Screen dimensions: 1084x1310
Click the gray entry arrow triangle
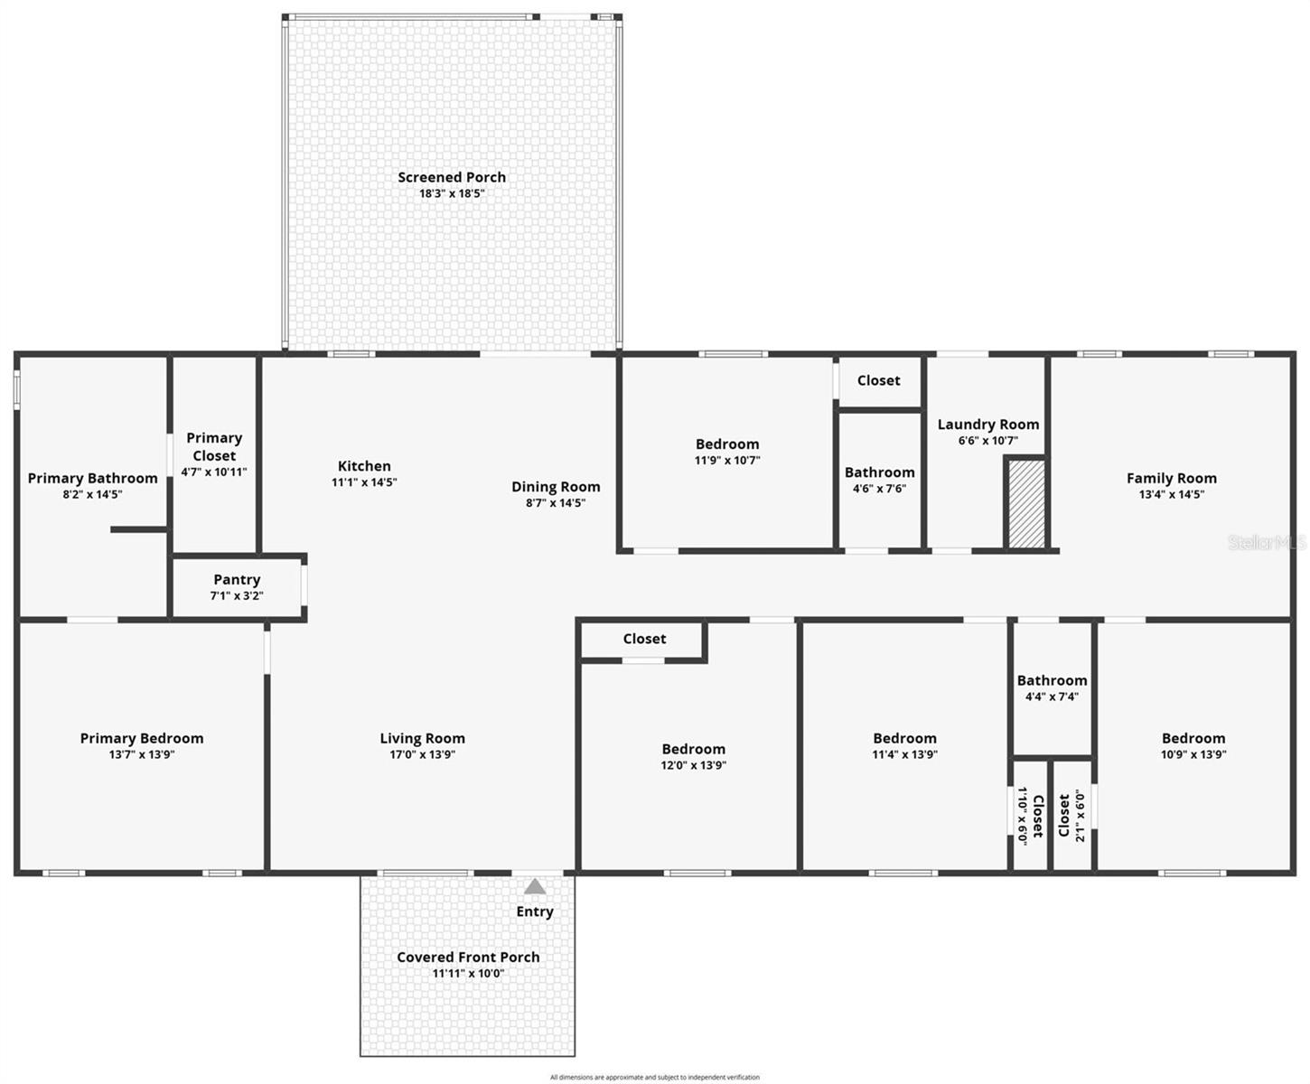535,886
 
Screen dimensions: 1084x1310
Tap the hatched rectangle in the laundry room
1026,503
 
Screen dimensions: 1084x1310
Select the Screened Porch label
452,177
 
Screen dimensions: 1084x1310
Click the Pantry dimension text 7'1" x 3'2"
237,596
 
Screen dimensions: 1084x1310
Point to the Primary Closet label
214,446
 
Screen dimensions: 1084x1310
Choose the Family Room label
1171,478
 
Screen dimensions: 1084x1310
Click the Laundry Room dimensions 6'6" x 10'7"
987,441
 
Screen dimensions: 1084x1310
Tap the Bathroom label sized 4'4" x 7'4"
1052,680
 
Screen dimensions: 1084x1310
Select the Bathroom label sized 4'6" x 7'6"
879,472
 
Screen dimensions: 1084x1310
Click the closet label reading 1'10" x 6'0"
1030,816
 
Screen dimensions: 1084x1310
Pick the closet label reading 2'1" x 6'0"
1071,816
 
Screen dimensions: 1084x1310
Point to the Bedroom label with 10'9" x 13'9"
1193,738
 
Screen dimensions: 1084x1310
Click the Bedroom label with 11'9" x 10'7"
727,444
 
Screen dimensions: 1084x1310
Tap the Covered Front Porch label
468,957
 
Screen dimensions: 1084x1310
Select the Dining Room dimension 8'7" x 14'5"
556,503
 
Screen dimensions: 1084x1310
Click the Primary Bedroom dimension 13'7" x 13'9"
142,754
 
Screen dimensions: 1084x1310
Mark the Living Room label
422,738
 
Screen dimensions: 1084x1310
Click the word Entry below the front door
535,911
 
